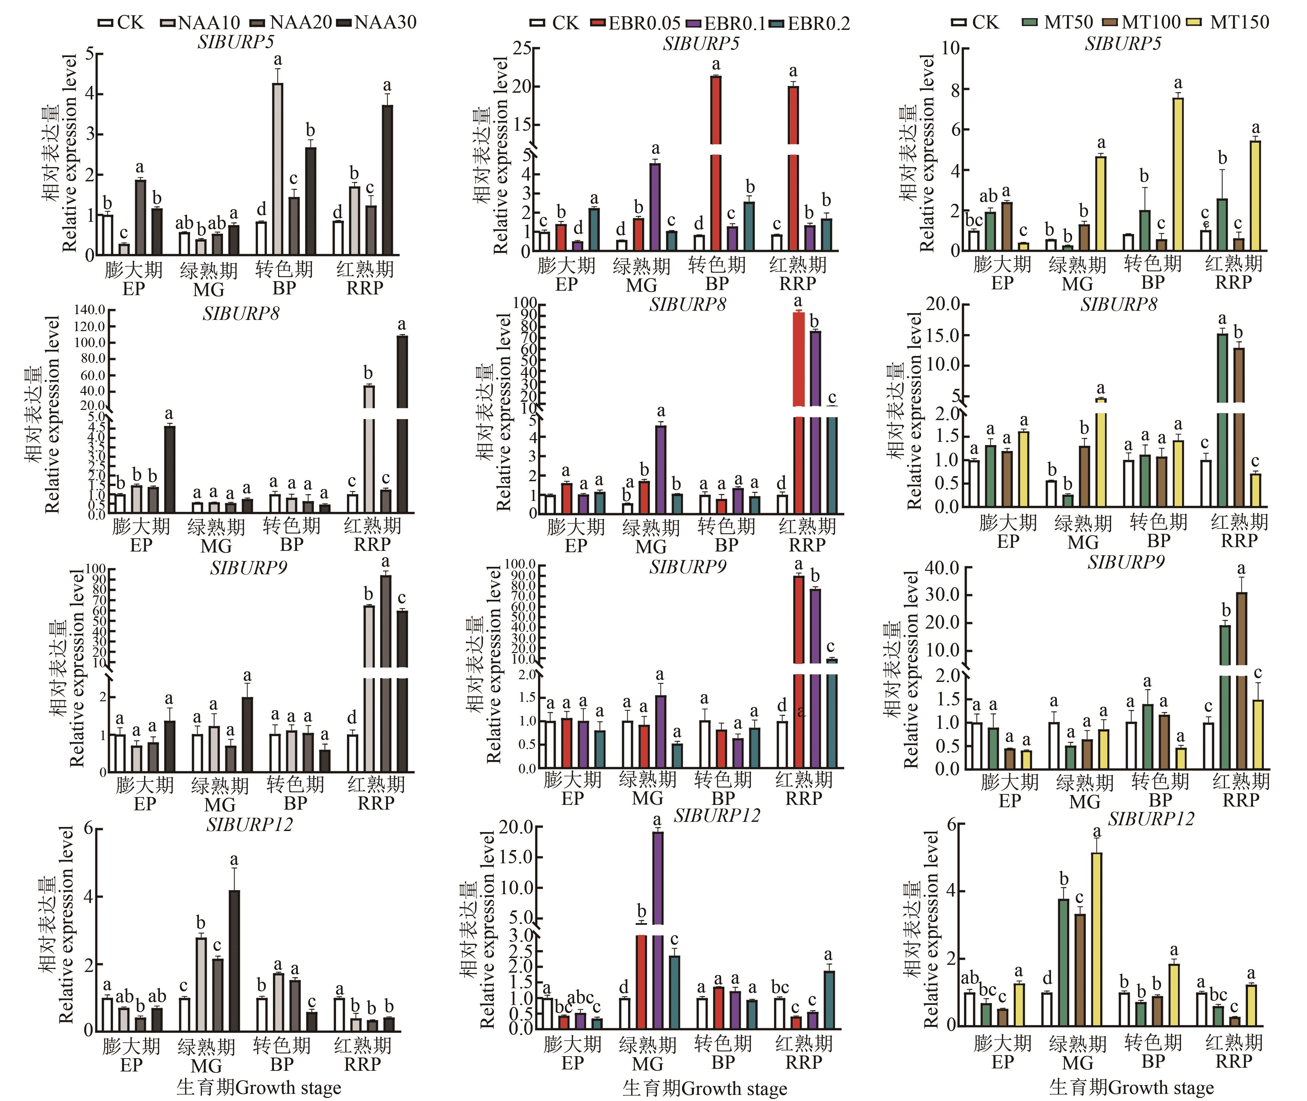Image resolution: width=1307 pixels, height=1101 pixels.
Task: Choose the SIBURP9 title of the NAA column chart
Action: [248, 568]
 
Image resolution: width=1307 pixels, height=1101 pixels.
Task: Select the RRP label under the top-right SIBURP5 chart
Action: [1233, 282]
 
